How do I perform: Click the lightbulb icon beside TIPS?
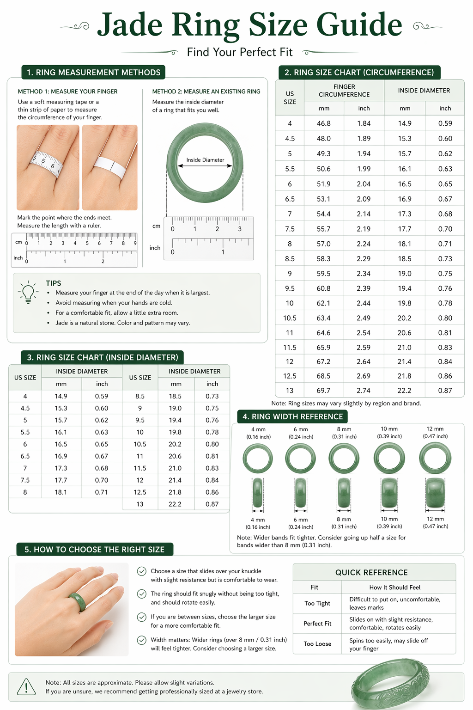[x=28, y=292]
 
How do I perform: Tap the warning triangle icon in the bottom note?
[x=26, y=687]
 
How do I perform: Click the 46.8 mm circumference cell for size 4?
[x=323, y=123]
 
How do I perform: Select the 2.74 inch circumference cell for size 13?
[x=364, y=391]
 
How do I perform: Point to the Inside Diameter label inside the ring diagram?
[x=205, y=160]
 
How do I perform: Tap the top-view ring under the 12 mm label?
[x=435, y=458]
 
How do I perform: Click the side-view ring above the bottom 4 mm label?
[x=258, y=493]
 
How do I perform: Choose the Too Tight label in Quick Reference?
[x=317, y=603]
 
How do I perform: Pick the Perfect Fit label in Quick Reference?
[x=317, y=624]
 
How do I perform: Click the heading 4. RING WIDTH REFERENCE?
[x=293, y=416]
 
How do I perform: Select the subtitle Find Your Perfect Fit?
[x=240, y=52]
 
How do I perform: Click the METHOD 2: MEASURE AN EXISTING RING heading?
[x=206, y=92]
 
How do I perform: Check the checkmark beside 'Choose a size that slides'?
[x=142, y=571]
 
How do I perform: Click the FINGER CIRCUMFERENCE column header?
[x=344, y=91]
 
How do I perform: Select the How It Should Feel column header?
[x=395, y=588]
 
